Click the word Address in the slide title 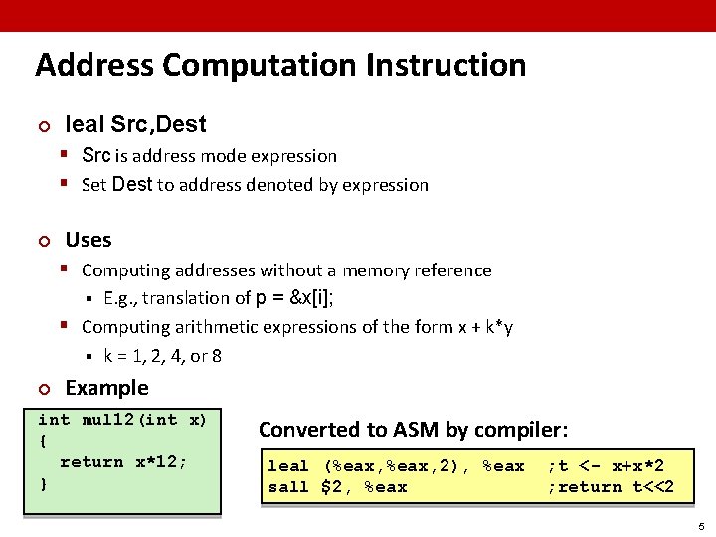click(x=94, y=66)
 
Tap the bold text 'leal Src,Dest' click(x=135, y=125)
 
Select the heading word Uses click(x=89, y=240)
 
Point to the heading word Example click(x=106, y=388)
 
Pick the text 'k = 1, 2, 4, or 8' click(x=162, y=355)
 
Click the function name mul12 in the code click(x=111, y=420)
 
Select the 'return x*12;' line click(x=123, y=462)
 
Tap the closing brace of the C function click(x=43, y=483)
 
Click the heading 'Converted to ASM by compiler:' click(x=413, y=430)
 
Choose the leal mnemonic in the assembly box click(x=288, y=466)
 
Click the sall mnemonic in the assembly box click(x=288, y=487)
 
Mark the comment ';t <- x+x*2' click(x=606, y=466)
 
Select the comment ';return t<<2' click(x=611, y=487)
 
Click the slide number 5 click(x=700, y=526)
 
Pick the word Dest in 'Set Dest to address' click(x=132, y=184)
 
